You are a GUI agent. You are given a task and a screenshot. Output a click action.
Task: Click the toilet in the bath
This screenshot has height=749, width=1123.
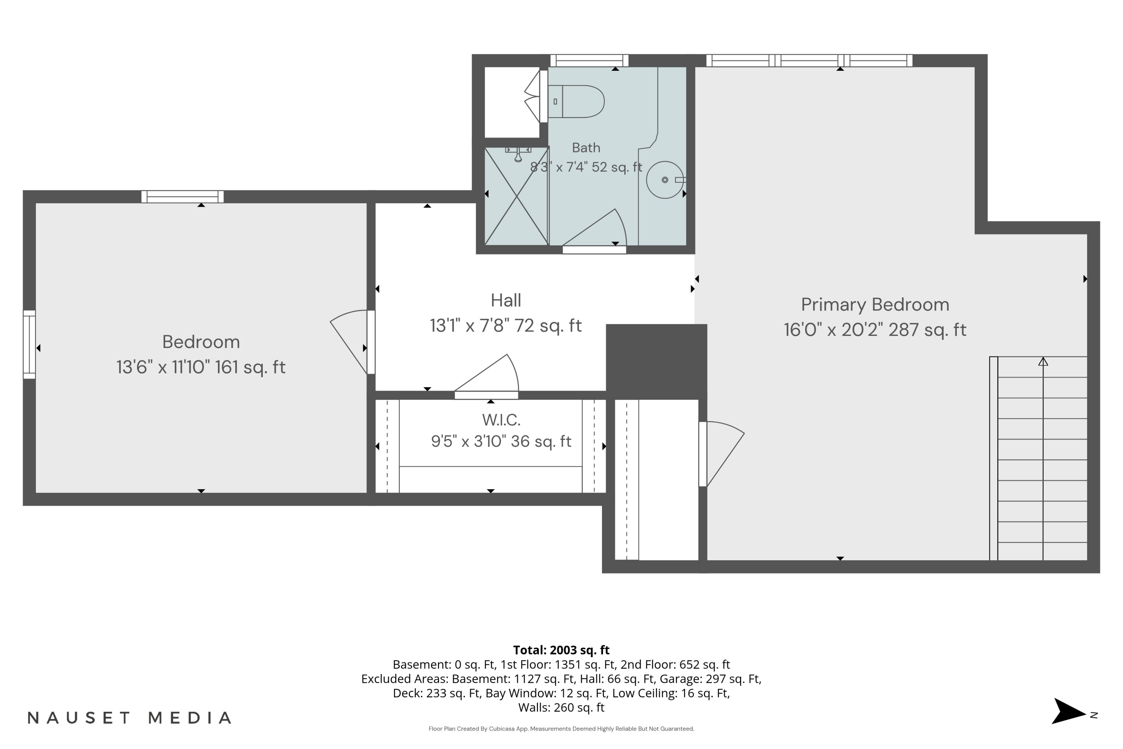(575, 101)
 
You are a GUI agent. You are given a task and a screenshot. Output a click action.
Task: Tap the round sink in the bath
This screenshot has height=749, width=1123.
(665, 180)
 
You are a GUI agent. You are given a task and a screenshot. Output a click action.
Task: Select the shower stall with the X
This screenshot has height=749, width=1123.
(516, 196)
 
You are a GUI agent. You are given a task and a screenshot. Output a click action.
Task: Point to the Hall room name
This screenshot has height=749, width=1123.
(506, 300)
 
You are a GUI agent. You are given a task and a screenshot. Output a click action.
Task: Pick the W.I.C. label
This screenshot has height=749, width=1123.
(501, 420)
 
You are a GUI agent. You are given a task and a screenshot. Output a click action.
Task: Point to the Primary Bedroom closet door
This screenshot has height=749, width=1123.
(721, 454)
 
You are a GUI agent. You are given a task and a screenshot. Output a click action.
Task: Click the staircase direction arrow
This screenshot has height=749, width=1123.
(1043, 362)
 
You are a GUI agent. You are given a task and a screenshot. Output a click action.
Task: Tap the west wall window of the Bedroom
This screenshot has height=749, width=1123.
(29, 345)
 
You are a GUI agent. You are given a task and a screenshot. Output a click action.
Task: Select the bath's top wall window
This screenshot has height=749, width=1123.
(589, 60)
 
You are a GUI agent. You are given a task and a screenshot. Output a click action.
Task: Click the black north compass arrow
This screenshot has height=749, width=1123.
(1068, 711)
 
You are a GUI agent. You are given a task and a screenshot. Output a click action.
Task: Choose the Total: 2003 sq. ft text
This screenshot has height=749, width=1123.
(561, 650)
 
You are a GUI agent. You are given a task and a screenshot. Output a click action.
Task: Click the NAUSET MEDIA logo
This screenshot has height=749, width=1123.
(130, 718)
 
